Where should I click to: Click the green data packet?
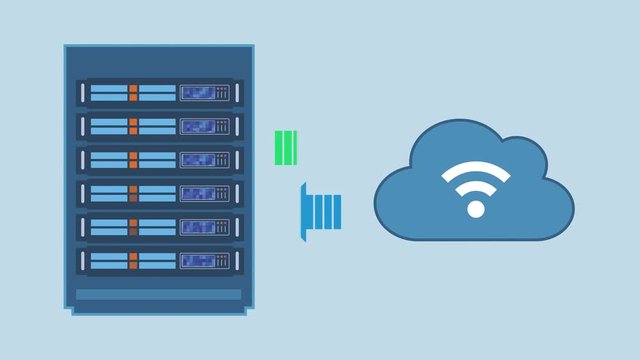tap(287, 148)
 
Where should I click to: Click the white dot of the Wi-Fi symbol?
tap(476, 209)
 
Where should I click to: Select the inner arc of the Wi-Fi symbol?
tap(476, 187)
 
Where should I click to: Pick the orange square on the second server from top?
tap(132, 126)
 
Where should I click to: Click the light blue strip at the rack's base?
tap(159, 294)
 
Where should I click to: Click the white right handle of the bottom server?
tap(238, 261)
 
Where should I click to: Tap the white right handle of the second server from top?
tap(238, 126)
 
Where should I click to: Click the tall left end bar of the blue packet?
tap(303, 211)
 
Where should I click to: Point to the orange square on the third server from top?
tap(132, 160)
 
